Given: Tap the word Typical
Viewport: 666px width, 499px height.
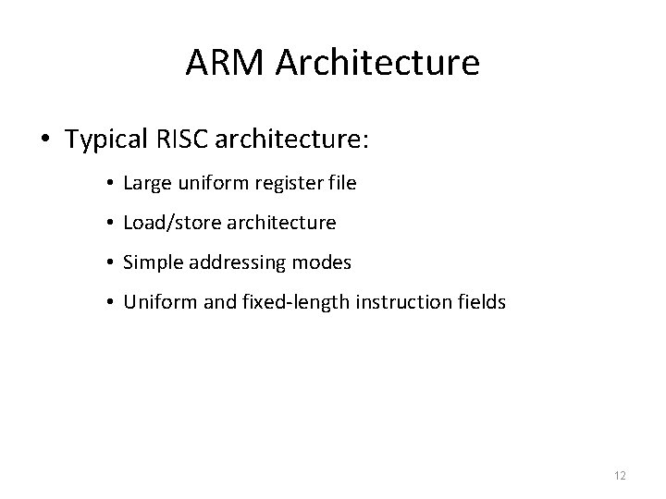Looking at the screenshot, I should (x=106, y=140).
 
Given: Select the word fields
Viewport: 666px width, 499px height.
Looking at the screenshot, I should (x=481, y=302).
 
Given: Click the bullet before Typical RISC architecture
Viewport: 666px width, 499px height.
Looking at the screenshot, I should (x=44, y=140).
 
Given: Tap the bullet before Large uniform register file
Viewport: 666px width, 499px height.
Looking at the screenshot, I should (x=110, y=184).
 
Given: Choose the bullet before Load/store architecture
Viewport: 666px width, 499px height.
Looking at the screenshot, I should (x=110, y=224).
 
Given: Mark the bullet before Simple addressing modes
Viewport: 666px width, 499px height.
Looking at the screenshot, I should (x=110, y=263).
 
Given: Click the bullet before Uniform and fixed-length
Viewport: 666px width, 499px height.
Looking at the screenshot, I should (x=110, y=303).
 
